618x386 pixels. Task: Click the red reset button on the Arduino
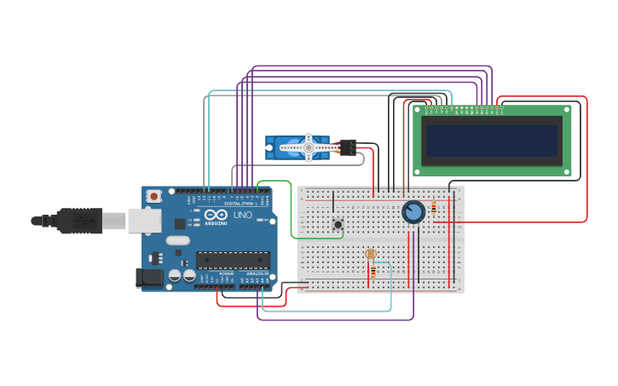coord(153,196)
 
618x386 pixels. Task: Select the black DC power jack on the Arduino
coord(150,277)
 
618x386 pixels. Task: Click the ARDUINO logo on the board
coord(216,223)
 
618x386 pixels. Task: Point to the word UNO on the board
coord(243,216)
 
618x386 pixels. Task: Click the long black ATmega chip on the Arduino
coord(233,260)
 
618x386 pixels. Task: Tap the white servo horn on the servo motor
coord(309,148)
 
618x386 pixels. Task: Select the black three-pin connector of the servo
coord(347,147)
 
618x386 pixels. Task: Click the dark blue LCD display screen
coord(493,141)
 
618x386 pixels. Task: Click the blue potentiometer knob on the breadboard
coord(413,211)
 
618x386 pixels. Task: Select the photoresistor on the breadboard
coord(370,254)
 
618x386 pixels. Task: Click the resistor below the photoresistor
coord(373,272)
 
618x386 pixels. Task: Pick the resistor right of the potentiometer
coord(434,207)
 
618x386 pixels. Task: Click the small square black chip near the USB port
coord(180,224)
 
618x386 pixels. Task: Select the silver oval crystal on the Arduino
coord(177,240)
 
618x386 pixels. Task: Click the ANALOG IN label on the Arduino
coord(257,274)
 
